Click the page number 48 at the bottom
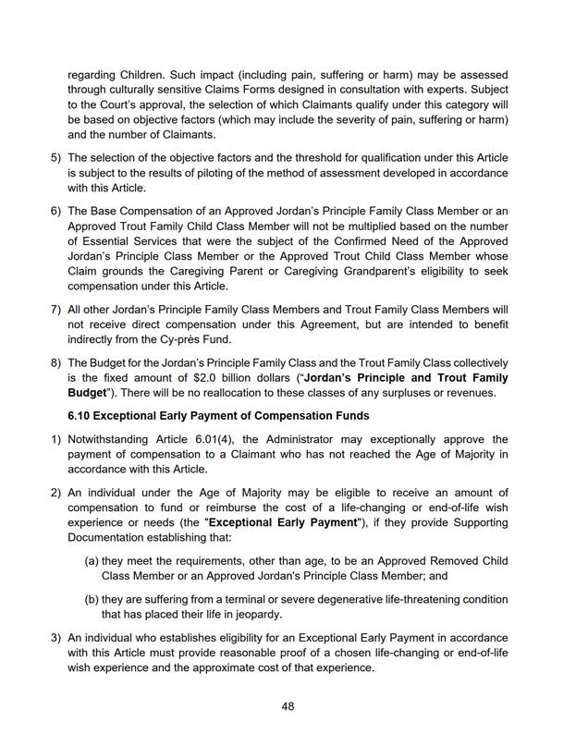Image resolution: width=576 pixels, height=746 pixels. (x=288, y=705)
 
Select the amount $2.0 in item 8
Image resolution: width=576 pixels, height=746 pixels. (x=259, y=378)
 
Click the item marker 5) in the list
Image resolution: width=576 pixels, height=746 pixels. (x=55, y=158)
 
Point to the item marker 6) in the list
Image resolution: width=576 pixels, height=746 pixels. (x=55, y=212)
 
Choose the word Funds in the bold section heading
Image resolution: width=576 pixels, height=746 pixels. (x=349, y=415)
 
